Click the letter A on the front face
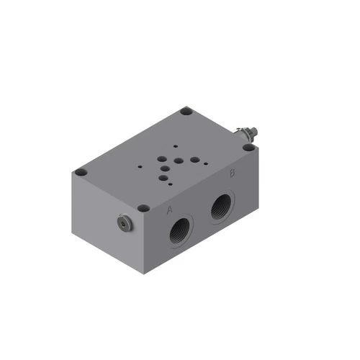pyautogui.click(x=170, y=210)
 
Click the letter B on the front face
pyautogui.click(x=232, y=174)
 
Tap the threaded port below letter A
pyautogui.click(x=179, y=231)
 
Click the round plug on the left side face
pyautogui.click(x=125, y=224)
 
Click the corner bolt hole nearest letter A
pyautogui.click(x=143, y=208)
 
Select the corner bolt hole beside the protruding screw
pyautogui.click(x=248, y=147)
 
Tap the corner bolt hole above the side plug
pyautogui.click(x=81, y=173)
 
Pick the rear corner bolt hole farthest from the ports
pyautogui.click(x=186, y=112)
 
